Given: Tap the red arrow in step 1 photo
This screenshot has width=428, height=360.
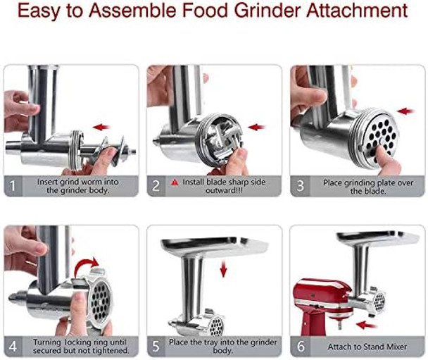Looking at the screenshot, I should coord(103,128).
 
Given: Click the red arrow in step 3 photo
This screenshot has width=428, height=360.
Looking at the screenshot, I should coord(406,111).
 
